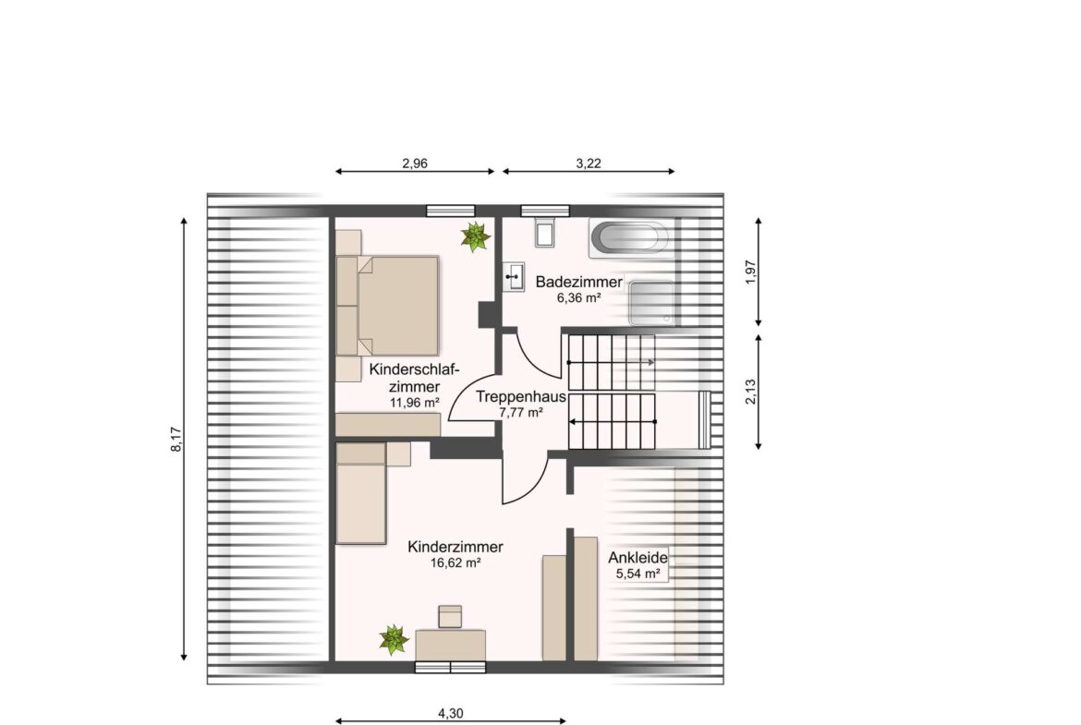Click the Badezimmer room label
tap(578, 282)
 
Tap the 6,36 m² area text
tap(578, 297)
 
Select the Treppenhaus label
tap(521, 397)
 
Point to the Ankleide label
tap(638, 558)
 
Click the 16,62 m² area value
tap(455, 562)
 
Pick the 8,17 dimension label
tap(176, 440)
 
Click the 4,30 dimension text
tap(451, 713)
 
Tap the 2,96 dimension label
tap(415, 163)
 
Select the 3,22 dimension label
tap(589, 163)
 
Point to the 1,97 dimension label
tap(751, 272)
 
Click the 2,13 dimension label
tap(751, 393)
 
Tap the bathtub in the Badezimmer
tap(631, 238)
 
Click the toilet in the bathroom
tap(544, 232)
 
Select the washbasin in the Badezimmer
tap(513, 277)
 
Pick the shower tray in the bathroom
tap(651, 303)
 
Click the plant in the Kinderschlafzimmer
tap(476, 237)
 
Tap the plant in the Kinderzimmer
tap(394, 639)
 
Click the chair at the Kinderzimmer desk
tap(450, 616)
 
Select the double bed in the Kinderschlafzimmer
tap(387, 306)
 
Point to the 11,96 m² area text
tap(415, 403)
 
